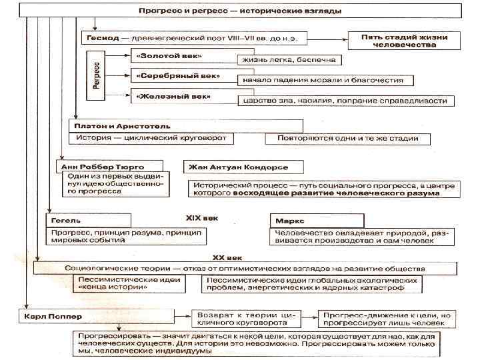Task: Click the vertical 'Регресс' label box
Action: coord(97,75)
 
